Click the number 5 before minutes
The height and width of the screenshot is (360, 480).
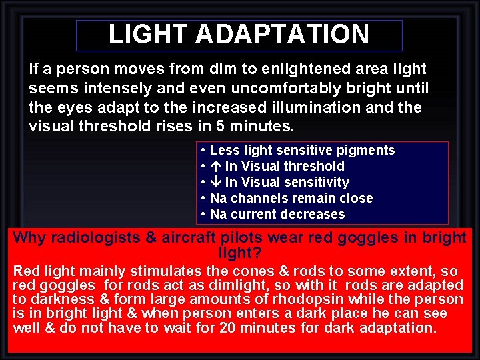(221, 127)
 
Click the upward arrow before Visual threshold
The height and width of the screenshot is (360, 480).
(216, 167)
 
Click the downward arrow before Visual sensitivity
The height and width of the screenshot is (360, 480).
(216, 183)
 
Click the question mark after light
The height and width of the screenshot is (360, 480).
(257, 254)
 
